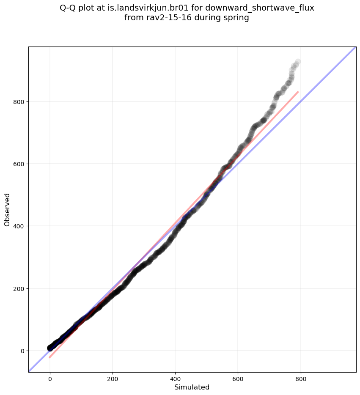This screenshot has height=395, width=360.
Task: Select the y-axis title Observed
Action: coord(7,210)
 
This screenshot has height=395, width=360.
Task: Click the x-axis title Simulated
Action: coord(192,387)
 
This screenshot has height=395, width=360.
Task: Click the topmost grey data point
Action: coord(298,62)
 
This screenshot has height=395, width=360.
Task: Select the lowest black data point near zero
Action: coord(50,348)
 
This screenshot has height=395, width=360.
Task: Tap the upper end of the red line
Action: coord(298,92)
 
